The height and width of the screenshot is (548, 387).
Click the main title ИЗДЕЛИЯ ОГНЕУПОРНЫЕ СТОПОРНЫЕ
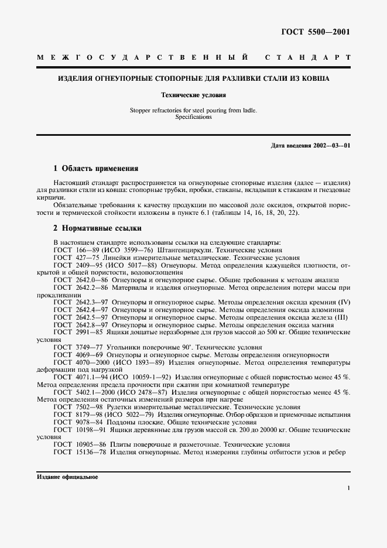pyautogui.click(x=193, y=78)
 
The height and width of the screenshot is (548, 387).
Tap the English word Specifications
pyautogui.click(x=193, y=117)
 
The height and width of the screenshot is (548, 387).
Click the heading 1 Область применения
pyautogui.click(x=96, y=169)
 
